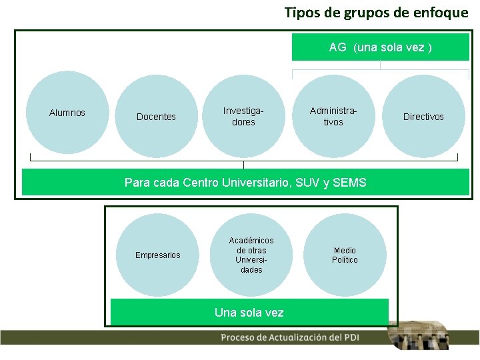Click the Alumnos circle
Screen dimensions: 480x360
[x=67, y=114]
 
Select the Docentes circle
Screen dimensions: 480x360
[x=156, y=117]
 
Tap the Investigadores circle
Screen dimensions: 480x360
[x=243, y=117]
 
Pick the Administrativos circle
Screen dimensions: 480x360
[x=333, y=117]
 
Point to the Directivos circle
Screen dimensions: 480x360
[x=423, y=117]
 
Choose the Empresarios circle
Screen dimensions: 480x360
[x=158, y=255]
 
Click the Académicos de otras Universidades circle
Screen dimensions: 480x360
[x=251, y=255]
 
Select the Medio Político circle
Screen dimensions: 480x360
[x=345, y=255]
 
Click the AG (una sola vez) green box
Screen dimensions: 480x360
[x=380, y=47]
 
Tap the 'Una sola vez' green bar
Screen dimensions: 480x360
[x=249, y=312]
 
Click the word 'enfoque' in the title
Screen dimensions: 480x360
[x=443, y=13]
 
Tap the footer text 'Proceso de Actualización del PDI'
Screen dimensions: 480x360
[x=289, y=337]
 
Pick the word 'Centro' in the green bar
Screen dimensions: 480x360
[x=200, y=183]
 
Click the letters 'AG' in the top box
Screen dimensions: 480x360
[x=337, y=47]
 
